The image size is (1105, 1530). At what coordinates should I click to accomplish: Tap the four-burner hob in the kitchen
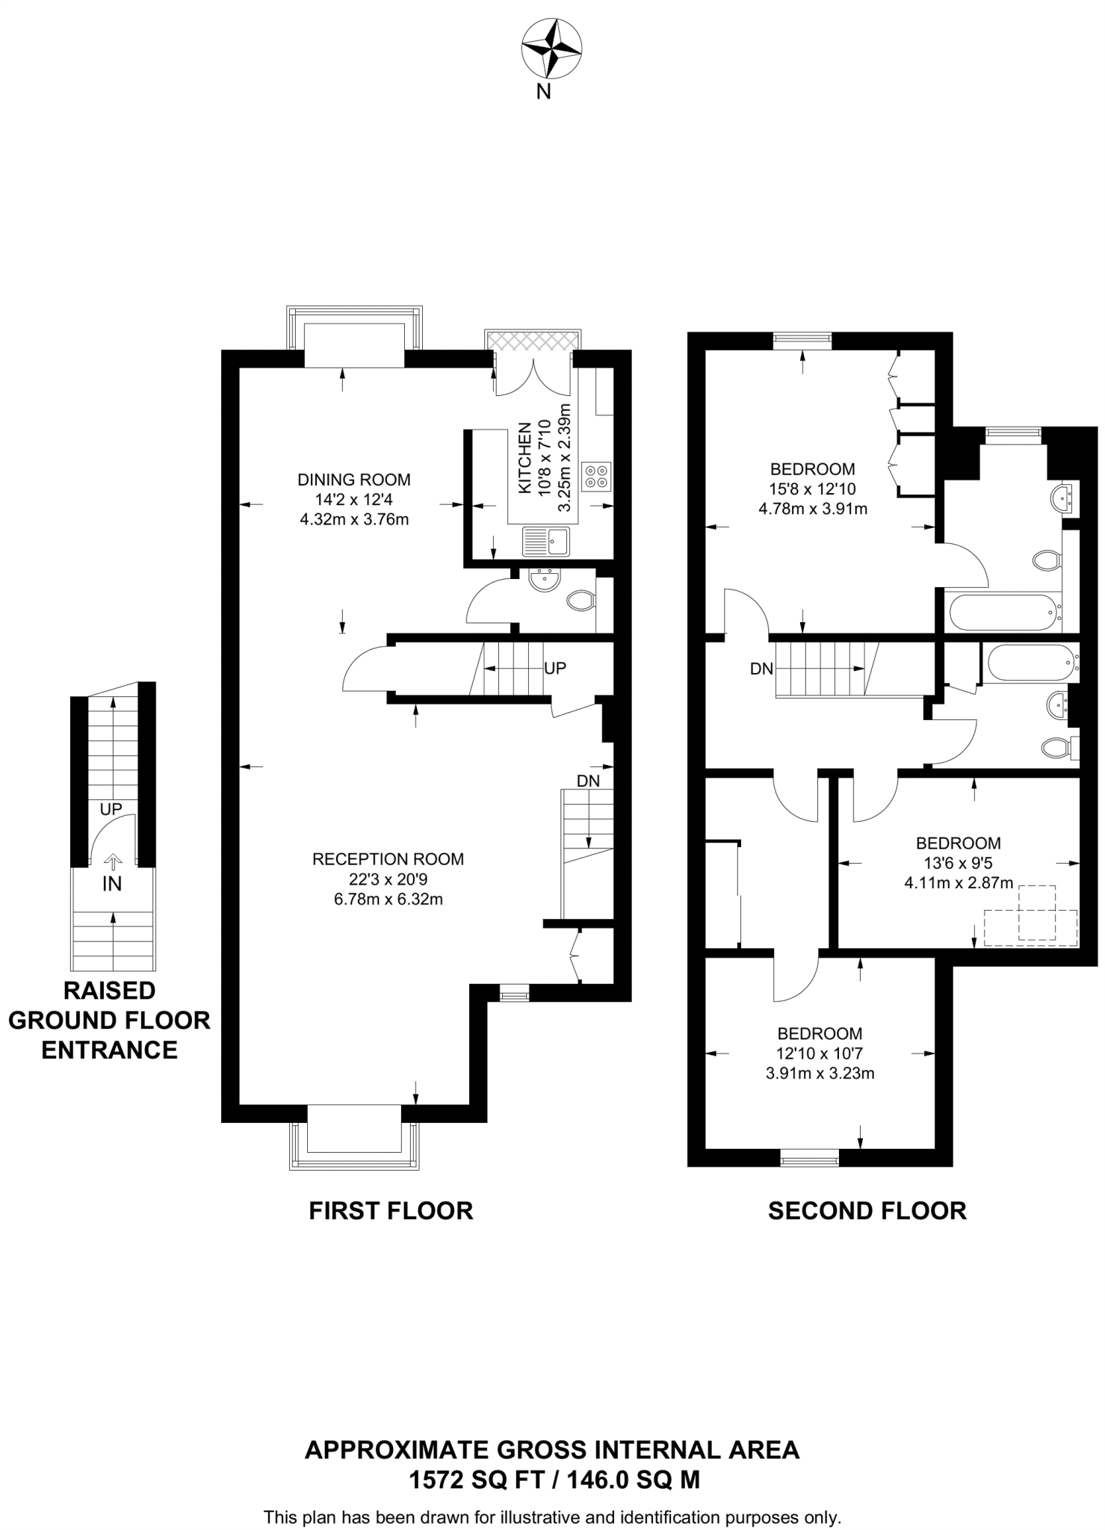(x=596, y=477)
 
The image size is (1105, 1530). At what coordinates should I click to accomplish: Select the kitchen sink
(x=545, y=542)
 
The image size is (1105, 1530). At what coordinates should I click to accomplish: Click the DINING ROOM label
(x=354, y=480)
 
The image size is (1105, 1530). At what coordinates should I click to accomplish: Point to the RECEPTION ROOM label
(x=388, y=859)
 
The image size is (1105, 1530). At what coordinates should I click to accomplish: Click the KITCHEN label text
(x=525, y=458)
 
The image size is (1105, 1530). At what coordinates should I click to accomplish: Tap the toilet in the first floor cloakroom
(x=581, y=600)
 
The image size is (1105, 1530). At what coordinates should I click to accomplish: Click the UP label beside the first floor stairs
(x=555, y=669)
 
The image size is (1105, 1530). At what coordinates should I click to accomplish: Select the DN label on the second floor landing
(x=761, y=669)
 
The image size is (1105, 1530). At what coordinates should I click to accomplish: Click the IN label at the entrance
(x=112, y=885)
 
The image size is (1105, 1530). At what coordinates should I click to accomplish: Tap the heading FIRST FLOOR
(x=391, y=1211)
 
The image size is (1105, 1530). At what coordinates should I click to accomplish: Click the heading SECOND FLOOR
(x=867, y=1211)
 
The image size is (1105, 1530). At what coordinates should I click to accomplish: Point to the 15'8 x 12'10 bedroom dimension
(x=813, y=489)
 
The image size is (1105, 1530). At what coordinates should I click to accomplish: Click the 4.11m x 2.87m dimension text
(x=959, y=883)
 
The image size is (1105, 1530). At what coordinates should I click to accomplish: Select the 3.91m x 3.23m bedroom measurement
(x=820, y=1074)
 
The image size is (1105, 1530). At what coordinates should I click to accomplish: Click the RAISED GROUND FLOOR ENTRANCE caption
(x=109, y=1020)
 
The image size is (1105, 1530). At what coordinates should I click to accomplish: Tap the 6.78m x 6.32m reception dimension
(x=388, y=899)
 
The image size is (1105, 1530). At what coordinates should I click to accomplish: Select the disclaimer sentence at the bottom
(x=552, y=1517)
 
